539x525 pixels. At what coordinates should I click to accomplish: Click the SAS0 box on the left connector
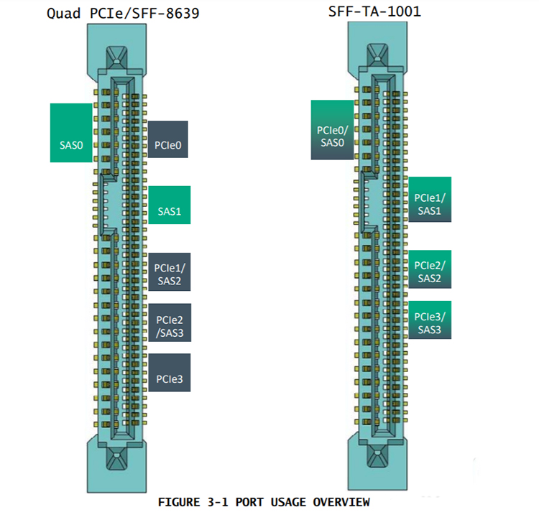[x=71, y=133]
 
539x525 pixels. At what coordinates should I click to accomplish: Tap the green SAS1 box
[x=169, y=205]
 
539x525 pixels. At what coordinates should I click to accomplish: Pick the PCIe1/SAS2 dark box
[x=169, y=272]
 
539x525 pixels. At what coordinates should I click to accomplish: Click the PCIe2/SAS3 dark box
[x=169, y=323]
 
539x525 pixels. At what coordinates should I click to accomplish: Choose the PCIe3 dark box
[x=169, y=373]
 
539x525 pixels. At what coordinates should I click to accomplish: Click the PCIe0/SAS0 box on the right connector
[x=332, y=130]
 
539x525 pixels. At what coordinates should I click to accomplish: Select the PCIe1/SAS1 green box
[x=430, y=199]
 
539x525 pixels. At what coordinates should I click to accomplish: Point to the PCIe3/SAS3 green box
[x=430, y=321]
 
